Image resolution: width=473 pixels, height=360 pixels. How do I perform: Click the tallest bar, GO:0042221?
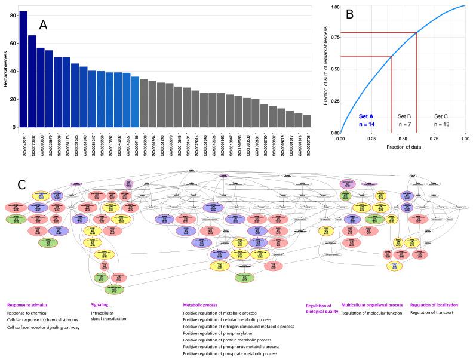pyautogui.click(x=23, y=69)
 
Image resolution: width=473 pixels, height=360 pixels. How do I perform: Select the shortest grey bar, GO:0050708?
pyautogui.click(x=307, y=121)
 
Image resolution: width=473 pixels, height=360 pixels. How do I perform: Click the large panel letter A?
pyautogui.click(x=43, y=25)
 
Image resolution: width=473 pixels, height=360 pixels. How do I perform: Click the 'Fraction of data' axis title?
pyautogui.click(x=402, y=147)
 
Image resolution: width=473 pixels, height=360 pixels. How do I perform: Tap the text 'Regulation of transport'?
pyautogui.click(x=432, y=312)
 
